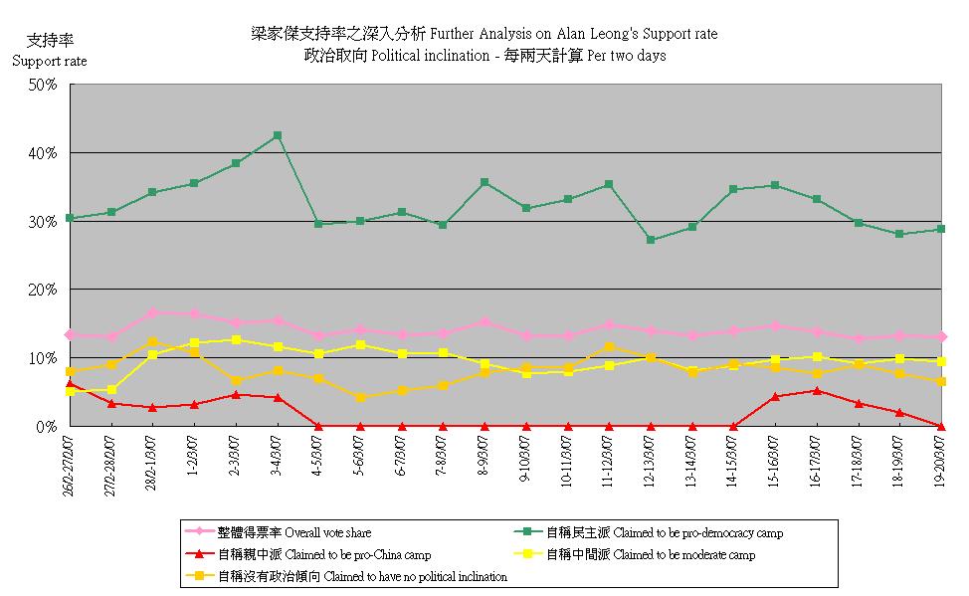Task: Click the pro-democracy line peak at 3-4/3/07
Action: (x=278, y=135)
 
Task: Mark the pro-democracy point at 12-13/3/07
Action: (x=651, y=240)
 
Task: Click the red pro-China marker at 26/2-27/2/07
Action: (x=70, y=383)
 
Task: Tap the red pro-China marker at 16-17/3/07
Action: (x=817, y=390)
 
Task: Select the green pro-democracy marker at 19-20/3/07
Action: (x=941, y=229)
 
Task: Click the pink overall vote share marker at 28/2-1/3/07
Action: (x=152, y=312)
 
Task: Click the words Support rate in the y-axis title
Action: (x=49, y=61)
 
